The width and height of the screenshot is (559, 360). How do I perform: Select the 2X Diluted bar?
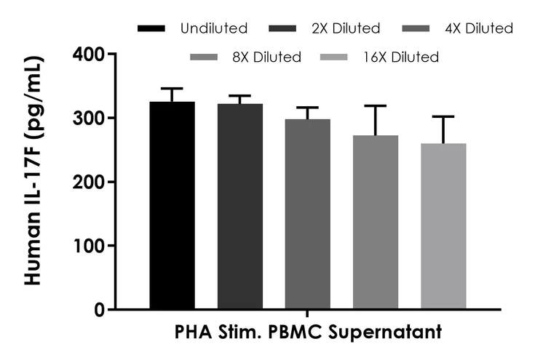tap(240, 207)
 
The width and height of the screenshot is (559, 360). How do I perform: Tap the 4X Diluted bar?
tap(308, 215)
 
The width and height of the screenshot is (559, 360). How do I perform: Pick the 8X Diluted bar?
tap(376, 223)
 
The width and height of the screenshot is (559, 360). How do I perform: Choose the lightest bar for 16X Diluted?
tap(443, 226)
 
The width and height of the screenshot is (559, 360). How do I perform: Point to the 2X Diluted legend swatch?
tap(289, 29)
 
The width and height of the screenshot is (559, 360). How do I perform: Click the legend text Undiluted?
tap(215, 29)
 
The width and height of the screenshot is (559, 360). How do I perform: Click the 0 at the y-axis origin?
tap(98, 310)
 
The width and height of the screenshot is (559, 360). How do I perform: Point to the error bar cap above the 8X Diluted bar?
tap(376, 106)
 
